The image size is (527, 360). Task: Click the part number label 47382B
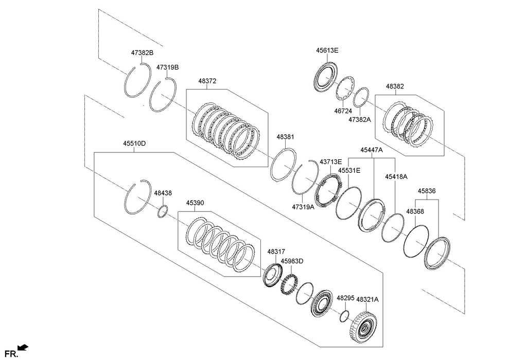142,53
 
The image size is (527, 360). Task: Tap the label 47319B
167,67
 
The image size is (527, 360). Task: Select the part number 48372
207,81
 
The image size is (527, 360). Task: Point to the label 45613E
327,50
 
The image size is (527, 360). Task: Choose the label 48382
395,86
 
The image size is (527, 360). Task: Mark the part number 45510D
134,143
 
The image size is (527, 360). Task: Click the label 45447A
371,150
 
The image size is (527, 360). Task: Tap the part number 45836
427,191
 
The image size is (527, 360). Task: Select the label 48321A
367,298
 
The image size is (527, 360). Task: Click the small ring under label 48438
163,211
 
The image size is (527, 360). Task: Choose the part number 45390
195,203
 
